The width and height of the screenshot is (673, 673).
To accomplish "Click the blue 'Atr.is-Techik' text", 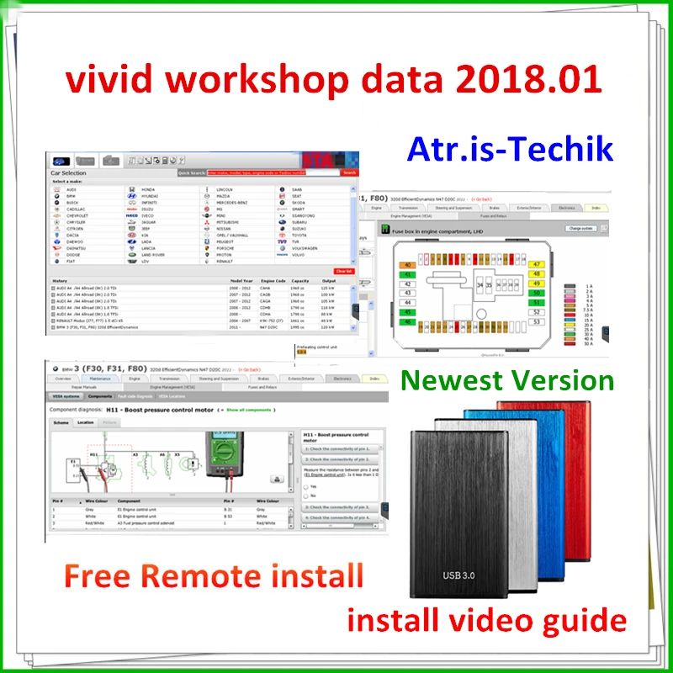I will (510, 148).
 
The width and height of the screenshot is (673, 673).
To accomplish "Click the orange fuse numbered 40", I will (408, 264).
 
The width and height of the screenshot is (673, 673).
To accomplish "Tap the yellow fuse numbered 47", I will (536, 264).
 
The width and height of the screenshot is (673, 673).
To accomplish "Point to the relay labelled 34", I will (480, 286).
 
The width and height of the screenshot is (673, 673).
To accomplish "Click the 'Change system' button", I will (580, 228).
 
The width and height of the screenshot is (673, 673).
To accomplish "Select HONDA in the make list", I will (150, 189).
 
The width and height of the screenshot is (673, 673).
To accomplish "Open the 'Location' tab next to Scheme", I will (86, 422).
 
